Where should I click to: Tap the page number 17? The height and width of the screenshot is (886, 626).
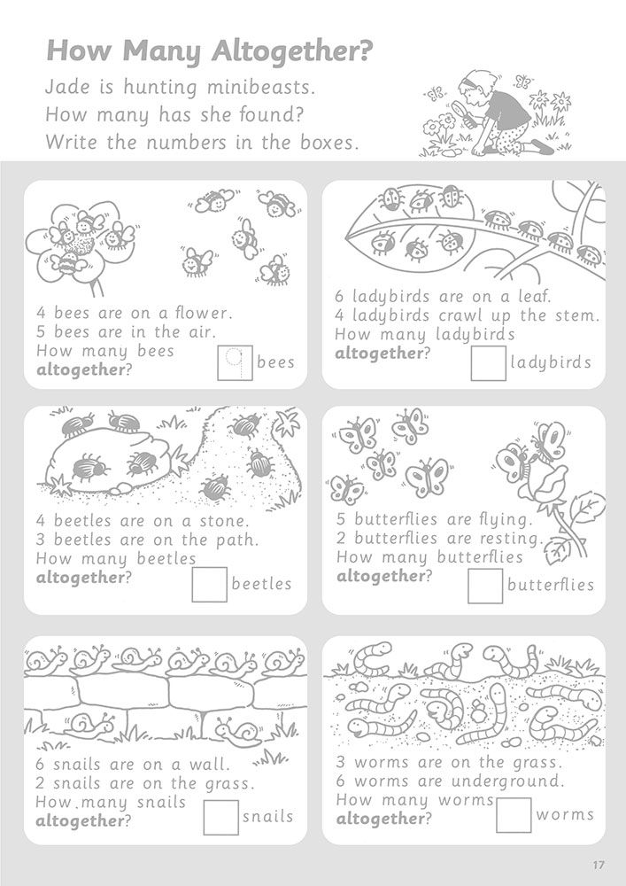point(599,865)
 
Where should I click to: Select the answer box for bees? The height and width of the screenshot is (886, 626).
point(235,362)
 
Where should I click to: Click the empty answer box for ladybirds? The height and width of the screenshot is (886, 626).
point(488,362)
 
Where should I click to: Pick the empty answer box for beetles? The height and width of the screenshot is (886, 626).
point(210,585)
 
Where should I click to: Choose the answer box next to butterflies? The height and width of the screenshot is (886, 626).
point(485,586)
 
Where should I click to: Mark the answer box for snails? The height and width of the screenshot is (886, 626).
point(220,817)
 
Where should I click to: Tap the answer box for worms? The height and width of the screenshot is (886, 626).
point(514,815)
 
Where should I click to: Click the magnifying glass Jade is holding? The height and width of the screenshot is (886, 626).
point(468,109)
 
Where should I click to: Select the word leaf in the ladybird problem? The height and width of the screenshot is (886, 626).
point(534,296)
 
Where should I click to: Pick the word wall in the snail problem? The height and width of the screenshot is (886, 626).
point(209,765)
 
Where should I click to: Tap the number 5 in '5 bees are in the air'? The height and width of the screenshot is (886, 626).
point(41,331)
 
